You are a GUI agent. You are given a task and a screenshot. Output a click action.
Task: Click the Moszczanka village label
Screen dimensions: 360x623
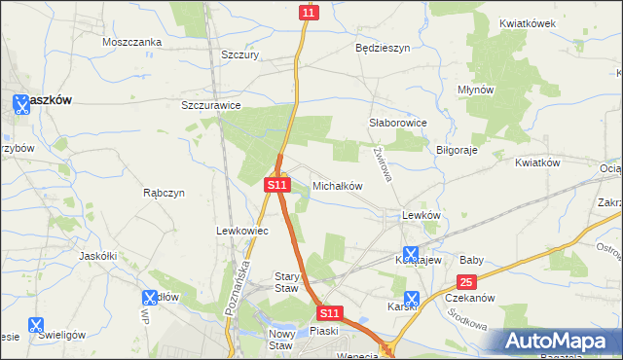(129, 42)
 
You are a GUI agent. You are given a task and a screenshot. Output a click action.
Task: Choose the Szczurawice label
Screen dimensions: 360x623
(211, 105)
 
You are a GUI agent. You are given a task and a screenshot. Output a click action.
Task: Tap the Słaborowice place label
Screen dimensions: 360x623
(399, 124)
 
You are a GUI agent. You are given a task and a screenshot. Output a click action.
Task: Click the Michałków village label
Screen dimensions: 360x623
(338, 185)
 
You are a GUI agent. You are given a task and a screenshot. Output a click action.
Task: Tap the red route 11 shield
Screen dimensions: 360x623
(309, 12)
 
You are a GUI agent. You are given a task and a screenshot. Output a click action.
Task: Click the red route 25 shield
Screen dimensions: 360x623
(466, 282)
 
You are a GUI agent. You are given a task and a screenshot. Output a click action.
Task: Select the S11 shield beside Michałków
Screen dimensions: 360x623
(276, 184)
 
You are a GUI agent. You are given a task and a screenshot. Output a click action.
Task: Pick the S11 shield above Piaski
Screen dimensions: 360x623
(330, 313)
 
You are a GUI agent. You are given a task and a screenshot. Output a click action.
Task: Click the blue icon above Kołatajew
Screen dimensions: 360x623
(411, 254)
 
